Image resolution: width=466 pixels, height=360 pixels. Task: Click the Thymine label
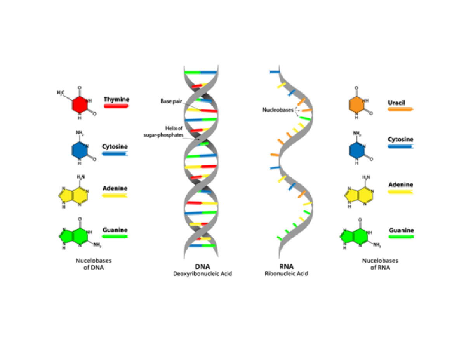(116, 99)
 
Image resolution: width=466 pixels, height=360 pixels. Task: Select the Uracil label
(396, 103)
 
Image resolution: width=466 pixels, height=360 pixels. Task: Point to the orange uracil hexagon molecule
(356, 105)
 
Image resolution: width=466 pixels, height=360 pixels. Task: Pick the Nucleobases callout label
(277, 110)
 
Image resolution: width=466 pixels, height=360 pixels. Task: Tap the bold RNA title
(286, 267)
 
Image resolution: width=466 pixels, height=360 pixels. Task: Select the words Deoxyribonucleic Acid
(202, 274)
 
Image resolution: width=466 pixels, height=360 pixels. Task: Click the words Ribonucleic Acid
(286, 274)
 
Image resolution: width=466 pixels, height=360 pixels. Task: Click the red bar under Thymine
(116, 106)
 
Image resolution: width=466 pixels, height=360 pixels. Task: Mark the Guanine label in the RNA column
(401, 230)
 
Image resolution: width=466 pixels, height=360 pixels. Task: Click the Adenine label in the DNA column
(115, 188)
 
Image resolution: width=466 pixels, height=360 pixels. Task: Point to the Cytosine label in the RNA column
(401, 139)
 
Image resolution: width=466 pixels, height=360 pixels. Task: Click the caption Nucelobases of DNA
(94, 264)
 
